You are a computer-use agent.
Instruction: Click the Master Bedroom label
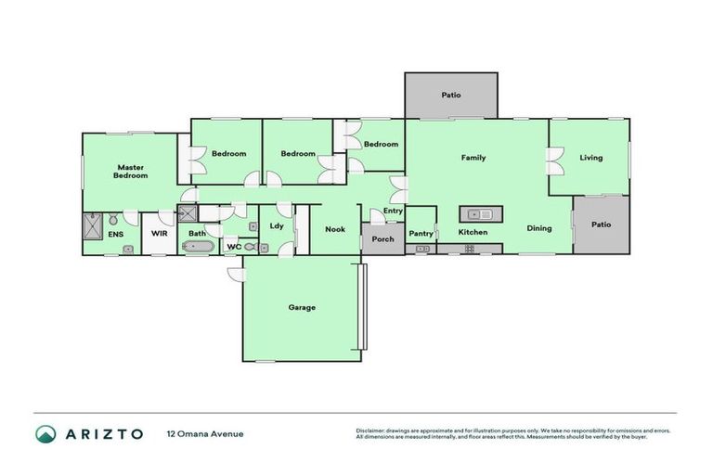click(131, 172)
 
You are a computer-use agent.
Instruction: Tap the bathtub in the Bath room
click(198, 248)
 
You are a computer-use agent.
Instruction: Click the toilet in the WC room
click(262, 248)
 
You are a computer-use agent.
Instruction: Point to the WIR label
click(159, 234)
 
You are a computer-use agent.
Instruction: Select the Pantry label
click(421, 234)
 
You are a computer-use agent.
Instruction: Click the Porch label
click(382, 239)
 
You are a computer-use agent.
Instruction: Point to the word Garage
click(302, 307)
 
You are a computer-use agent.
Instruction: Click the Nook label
click(335, 229)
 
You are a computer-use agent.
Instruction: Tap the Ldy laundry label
click(277, 225)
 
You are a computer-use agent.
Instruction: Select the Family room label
click(473, 158)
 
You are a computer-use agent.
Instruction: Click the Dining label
click(539, 228)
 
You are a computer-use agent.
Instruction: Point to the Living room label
click(591, 158)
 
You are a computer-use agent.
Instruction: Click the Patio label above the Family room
click(451, 95)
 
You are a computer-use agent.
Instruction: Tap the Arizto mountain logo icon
click(46, 433)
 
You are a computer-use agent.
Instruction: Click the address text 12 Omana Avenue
click(205, 433)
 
